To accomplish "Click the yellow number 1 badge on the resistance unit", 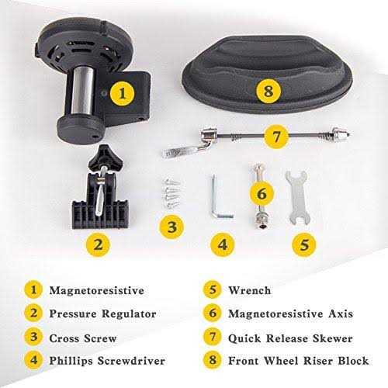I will click(119, 95).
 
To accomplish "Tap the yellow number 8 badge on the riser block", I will click(268, 91).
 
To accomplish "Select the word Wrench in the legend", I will click(250, 290).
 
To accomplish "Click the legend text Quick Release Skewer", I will click(290, 338).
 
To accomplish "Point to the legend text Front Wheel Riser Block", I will click(299, 362).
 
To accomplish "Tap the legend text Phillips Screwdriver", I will click(113, 362).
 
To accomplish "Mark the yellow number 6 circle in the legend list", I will click(210, 314).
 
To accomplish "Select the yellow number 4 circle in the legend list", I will click(33, 362).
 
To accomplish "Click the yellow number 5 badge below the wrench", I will click(304, 243).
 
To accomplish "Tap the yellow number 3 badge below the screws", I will click(173, 227).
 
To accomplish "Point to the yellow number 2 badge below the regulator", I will click(97, 244).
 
